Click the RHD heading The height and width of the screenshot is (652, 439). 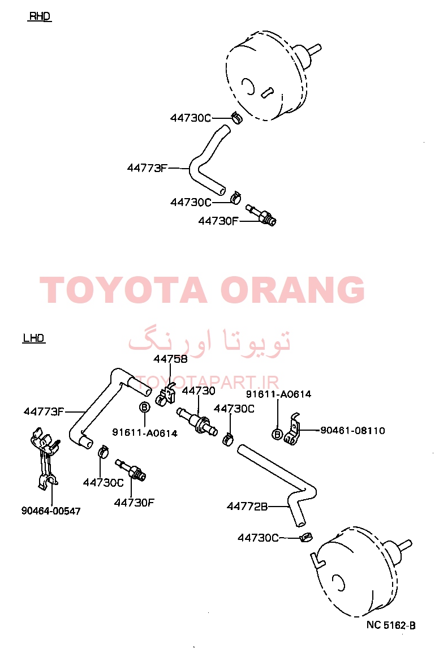40,16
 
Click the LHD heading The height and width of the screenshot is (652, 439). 34,338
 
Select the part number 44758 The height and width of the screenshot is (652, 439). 170,359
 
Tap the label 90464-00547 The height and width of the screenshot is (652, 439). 51,511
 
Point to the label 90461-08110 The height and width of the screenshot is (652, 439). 352,431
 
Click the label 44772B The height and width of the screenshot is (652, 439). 247,507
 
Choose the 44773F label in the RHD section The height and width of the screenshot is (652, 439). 147,168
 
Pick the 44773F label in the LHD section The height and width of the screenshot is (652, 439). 44,411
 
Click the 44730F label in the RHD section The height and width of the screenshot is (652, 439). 218,221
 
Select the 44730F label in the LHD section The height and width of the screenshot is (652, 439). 134,503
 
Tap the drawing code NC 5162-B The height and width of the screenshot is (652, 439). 391,625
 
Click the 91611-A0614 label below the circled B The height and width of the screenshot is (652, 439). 145,434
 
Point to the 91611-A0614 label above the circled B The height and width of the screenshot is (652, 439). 278,394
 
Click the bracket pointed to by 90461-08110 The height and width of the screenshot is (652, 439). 293,430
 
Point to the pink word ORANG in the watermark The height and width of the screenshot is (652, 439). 292,290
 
